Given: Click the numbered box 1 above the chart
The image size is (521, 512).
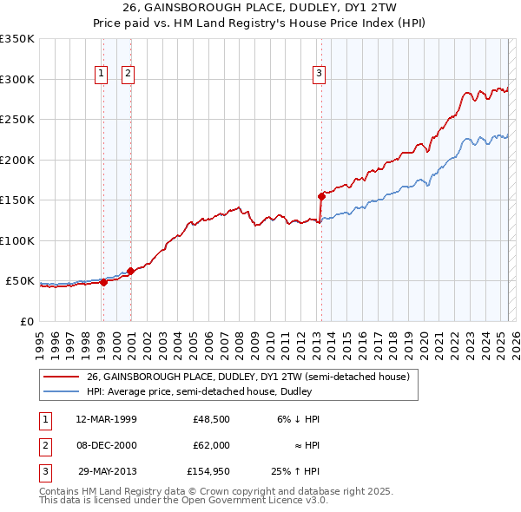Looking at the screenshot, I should pyautogui.click(x=102, y=75).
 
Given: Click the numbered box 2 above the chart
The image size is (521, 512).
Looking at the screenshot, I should pyautogui.click(x=128, y=75).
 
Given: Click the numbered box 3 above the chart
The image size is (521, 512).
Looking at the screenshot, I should pyautogui.click(x=320, y=75).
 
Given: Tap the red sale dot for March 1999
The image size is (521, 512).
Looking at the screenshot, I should pyautogui.click(x=103, y=282).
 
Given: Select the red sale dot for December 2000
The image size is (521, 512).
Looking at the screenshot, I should pyautogui.click(x=130, y=271).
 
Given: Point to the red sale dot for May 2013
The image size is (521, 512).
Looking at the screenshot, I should pyautogui.click(x=321, y=196).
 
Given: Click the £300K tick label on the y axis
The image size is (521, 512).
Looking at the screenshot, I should pyautogui.click(x=17, y=79).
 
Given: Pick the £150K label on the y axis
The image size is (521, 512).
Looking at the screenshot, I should pyautogui.click(x=17, y=200).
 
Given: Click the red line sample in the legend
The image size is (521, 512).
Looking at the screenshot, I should pyautogui.click(x=61, y=377).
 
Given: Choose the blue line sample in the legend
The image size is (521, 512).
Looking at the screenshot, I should pyautogui.click(x=61, y=391).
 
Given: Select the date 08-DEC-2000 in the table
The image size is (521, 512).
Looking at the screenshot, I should pyautogui.click(x=106, y=445).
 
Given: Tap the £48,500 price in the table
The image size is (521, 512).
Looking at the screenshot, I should pyautogui.click(x=211, y=419).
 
